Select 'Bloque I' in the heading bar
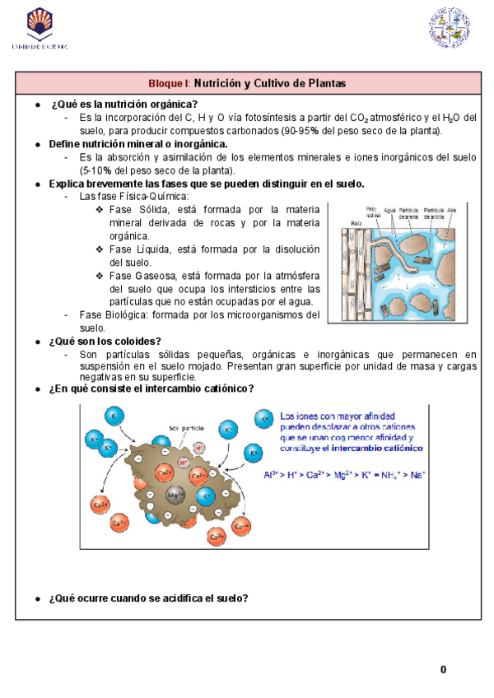pos(169,84)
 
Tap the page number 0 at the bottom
pos(443,669)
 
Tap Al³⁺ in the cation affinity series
pos(272,474)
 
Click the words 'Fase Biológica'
pos(110,314)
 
